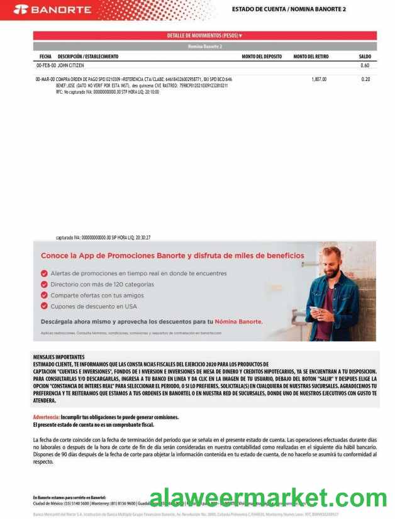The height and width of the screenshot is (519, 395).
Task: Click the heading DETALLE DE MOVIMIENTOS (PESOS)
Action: click(204, 36)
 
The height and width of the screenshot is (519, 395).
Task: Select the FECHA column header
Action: click(45, 57)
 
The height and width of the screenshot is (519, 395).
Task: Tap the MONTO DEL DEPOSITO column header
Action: click(262, 57)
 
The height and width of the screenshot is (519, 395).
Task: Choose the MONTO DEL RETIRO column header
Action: click(311, 57)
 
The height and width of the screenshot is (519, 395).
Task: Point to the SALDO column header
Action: click(365, 57)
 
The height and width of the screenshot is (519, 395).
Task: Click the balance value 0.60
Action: click(365, 65)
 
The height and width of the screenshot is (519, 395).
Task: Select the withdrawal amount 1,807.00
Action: click(319, 79)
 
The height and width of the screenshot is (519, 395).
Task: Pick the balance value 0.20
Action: click(365, 79)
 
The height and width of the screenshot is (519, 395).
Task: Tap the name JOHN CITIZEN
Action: click(71, 65)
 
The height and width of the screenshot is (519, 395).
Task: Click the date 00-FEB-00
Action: click(46, 65)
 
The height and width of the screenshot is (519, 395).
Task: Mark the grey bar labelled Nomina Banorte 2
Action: click(204, 46)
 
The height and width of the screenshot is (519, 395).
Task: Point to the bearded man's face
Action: click(331, 259)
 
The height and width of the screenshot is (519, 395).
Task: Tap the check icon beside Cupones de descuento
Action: click(44, 306)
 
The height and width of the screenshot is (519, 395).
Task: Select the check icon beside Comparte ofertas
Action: click(44, 295)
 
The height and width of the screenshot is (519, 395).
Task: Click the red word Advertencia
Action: click(46, 417)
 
